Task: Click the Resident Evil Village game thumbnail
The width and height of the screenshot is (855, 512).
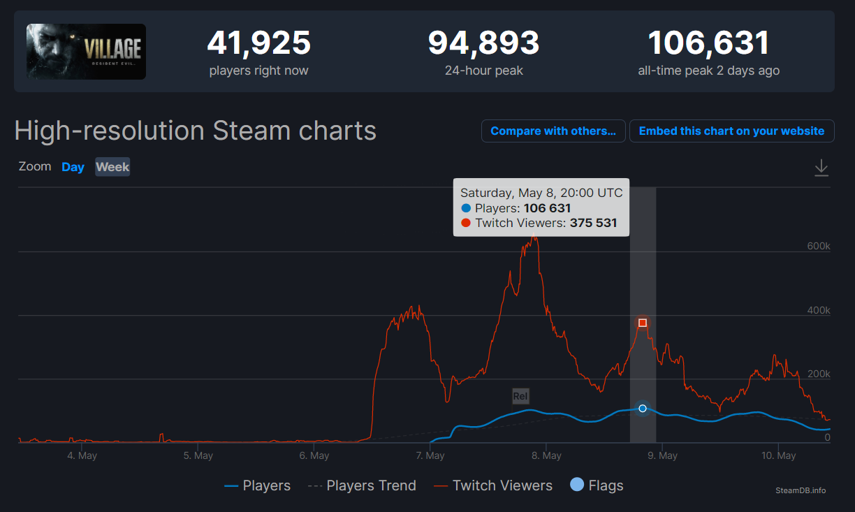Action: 86,51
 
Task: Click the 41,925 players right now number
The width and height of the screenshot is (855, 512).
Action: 258,43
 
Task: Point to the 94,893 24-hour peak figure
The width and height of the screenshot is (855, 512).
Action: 483,43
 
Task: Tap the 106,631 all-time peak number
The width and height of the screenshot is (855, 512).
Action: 708,43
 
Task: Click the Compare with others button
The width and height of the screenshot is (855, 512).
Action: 553,131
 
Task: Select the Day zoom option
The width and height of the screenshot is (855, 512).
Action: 73,167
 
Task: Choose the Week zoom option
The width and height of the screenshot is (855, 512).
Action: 112,167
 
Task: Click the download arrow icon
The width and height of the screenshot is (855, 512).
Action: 821,168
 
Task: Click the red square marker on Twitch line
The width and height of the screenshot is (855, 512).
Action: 643,323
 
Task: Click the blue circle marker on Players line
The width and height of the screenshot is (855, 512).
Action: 643,408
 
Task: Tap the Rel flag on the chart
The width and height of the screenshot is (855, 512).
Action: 520,396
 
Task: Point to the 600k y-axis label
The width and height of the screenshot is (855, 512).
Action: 818,247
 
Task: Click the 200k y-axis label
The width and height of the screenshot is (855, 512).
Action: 818,374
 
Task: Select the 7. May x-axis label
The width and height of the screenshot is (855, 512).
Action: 430,455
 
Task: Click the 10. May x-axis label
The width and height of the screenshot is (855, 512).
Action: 778,455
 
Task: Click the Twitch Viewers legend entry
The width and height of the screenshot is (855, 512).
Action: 502,485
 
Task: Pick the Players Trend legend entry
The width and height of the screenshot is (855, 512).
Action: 371,485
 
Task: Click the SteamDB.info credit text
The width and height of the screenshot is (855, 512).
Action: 801,490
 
